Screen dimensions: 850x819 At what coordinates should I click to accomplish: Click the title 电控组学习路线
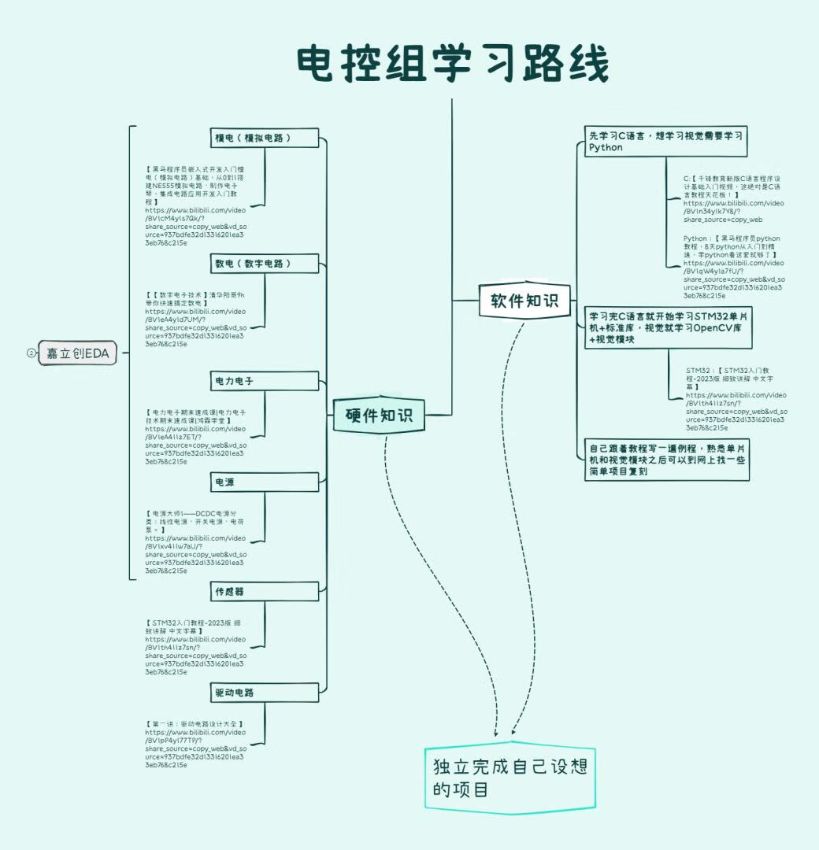[453, 65]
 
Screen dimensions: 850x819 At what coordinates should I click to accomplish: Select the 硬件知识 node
[379, 415]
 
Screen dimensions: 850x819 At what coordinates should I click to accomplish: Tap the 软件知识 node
[524, 301]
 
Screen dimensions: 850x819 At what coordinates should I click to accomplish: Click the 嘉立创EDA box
[77, 354]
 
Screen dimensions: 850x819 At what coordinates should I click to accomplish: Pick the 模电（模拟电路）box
[265, 138]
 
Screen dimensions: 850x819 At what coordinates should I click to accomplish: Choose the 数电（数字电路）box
[265, 264]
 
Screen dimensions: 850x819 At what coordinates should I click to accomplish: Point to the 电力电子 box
[265, 381]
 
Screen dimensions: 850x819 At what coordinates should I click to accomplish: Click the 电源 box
[265, 482]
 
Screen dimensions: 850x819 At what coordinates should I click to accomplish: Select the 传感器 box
[265, 591]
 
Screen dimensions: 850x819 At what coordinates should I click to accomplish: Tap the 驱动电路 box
[265, 693]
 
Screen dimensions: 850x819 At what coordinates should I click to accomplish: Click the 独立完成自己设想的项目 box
[510, 777]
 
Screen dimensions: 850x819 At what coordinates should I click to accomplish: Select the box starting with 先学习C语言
[666, 142]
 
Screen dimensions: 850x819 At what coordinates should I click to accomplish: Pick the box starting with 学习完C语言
[668, 327]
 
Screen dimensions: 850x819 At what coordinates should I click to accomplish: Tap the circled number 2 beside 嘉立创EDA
[31, 354]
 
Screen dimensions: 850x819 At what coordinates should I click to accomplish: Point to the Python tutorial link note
[734, 267]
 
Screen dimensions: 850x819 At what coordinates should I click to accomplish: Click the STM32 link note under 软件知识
[736, 399]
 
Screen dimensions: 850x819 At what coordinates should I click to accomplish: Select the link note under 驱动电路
[195, 744]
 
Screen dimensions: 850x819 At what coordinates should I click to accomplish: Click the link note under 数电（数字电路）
[195, 319]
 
